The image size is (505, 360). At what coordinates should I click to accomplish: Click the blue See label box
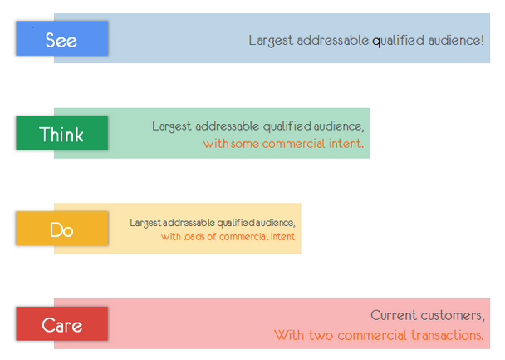coord(61,38)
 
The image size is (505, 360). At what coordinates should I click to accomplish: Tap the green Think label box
coord(61,133)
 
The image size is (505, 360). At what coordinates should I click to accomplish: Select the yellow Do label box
coord(61,228)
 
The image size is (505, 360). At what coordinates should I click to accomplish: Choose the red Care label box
coord(61,323)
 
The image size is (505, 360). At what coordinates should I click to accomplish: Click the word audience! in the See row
coord(456,41)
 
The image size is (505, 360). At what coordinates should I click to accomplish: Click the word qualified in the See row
coord(398,41)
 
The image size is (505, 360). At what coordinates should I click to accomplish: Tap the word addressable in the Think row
coord(228,126)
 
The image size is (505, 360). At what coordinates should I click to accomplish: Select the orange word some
coord(245,144)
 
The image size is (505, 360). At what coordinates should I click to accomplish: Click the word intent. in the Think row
coord(346,144)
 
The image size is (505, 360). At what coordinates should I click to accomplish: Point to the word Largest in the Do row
coord(145,223)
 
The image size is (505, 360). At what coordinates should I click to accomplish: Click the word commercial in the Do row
coord(243,237)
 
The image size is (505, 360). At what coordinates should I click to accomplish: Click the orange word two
coord(321,336)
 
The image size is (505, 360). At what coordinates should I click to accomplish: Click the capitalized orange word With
coord(289,335)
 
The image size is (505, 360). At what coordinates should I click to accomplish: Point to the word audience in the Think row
coord(337,126)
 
